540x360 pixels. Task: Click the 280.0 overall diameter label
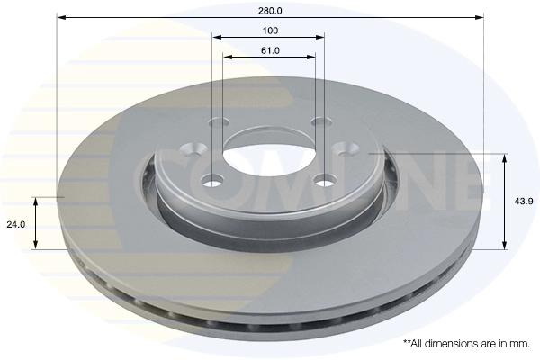270,11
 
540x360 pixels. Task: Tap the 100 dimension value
270,31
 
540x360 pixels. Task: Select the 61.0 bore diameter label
270,50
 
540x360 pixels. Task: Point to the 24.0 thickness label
16,225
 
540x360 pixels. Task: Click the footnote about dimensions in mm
466,344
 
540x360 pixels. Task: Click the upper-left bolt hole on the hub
219,122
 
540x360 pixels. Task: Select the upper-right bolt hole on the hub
321,121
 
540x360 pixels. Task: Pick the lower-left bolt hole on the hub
212,181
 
